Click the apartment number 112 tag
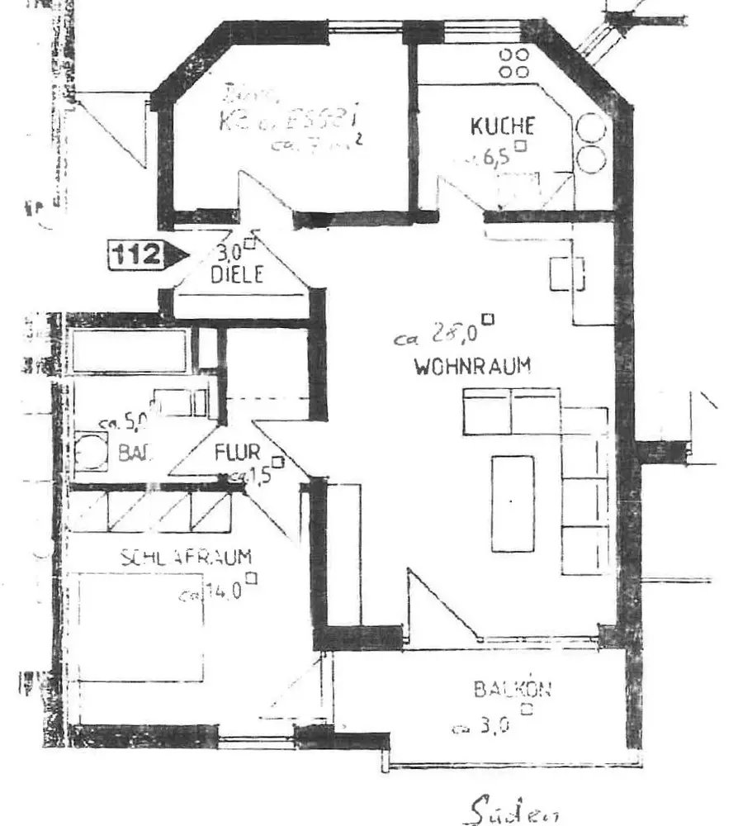point(136,254)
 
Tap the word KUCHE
point(502,127)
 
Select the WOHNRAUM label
point(473,367)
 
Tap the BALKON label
point(512,688)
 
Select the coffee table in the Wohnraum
point(513,503)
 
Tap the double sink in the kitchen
point(592,142)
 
